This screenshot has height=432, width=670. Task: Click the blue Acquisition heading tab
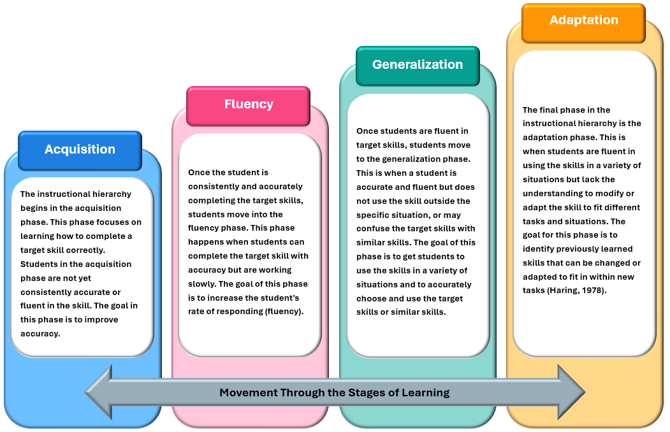(80, 149)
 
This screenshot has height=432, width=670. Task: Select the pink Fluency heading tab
(248, 104)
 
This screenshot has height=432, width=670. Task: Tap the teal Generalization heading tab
(418, 64)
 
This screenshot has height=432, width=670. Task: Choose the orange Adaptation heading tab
(583, 20)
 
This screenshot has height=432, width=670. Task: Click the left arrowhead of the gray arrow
(99, 392)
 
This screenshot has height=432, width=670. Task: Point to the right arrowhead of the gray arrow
(571, 392)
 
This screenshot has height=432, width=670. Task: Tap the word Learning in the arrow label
(425, 392)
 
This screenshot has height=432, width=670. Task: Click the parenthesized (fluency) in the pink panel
(282, 312)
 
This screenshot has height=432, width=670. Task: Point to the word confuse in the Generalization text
(374, 229)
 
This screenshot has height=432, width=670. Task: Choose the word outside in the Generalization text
(438, 201)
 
